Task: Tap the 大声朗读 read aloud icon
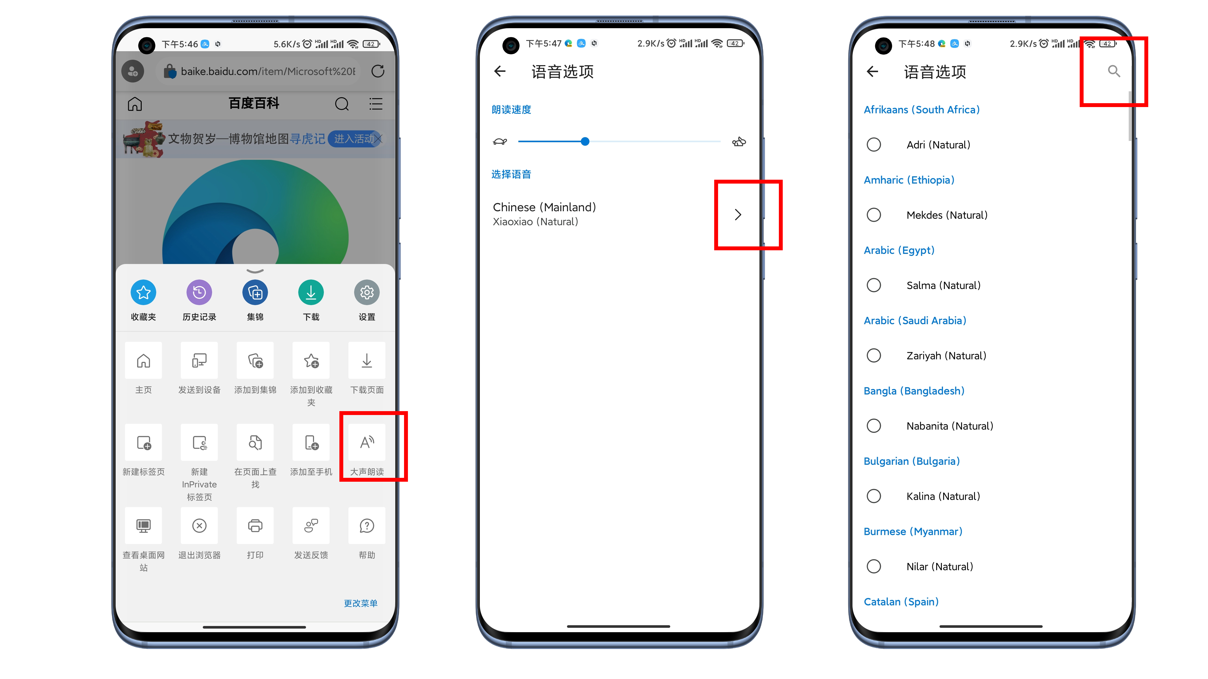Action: (367, 442)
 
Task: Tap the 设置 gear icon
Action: (367, 292)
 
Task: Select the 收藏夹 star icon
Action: (144, 292)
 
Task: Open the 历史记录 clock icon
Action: (199, 292)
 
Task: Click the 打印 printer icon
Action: (255, 526)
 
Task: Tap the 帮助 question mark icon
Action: (367, 526)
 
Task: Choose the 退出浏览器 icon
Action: (199, 526)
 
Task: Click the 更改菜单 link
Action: (361, 603)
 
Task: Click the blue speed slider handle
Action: (585, 141)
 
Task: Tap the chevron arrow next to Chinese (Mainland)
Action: (738, 215)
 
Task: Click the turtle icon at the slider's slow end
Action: (500, 141)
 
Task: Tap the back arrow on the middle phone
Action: (500, 71)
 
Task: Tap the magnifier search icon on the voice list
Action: (1114, 71)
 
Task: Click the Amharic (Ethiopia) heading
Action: (909, 180)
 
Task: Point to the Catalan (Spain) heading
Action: (901, 602)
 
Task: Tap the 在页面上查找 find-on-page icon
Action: (255, 442)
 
